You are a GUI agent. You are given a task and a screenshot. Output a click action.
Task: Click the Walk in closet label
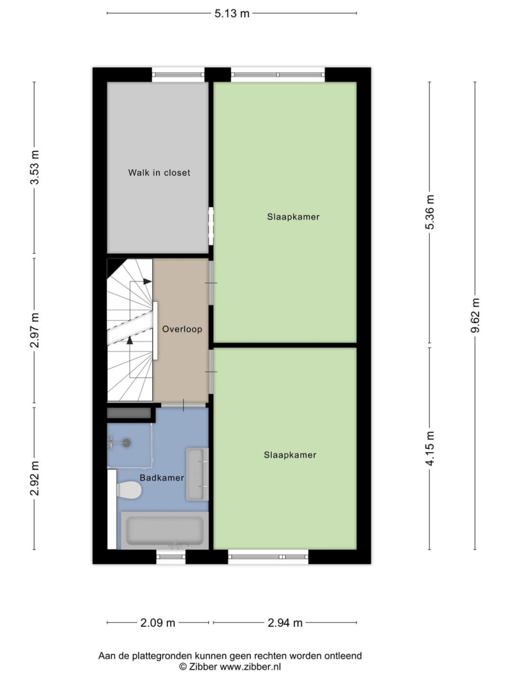click(159, 172)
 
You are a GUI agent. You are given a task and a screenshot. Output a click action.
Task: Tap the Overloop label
click(182, 329)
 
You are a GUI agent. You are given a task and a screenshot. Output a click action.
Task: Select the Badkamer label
click(162, 478)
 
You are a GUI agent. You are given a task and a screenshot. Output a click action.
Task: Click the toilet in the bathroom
click(128, 490)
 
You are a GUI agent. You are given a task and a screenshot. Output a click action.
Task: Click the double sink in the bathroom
click(197, 474)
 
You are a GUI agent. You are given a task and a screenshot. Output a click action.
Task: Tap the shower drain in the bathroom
click(126, 443)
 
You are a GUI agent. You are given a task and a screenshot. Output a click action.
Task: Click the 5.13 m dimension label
click(232, 13)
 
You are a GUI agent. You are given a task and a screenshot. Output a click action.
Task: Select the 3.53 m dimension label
click(35, 168)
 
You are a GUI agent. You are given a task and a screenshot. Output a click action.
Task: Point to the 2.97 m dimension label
click(35, 330)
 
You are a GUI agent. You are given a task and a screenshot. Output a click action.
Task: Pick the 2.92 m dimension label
click(35, 478)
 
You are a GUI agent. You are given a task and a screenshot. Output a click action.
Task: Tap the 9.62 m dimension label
click(475, 316)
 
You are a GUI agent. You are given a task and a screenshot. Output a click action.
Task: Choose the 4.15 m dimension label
click(430, 449)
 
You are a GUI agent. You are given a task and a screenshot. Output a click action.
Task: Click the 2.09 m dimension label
click(158, 622)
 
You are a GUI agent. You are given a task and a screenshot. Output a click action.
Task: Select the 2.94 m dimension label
click(285, 622)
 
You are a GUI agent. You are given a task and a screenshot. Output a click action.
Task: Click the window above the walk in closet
click(178, 74)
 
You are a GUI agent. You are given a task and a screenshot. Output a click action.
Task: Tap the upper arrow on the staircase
click(147, 282)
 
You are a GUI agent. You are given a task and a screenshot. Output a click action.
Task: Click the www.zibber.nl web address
click(251, 667)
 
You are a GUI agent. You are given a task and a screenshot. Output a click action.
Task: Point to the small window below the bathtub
click(171, 557)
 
